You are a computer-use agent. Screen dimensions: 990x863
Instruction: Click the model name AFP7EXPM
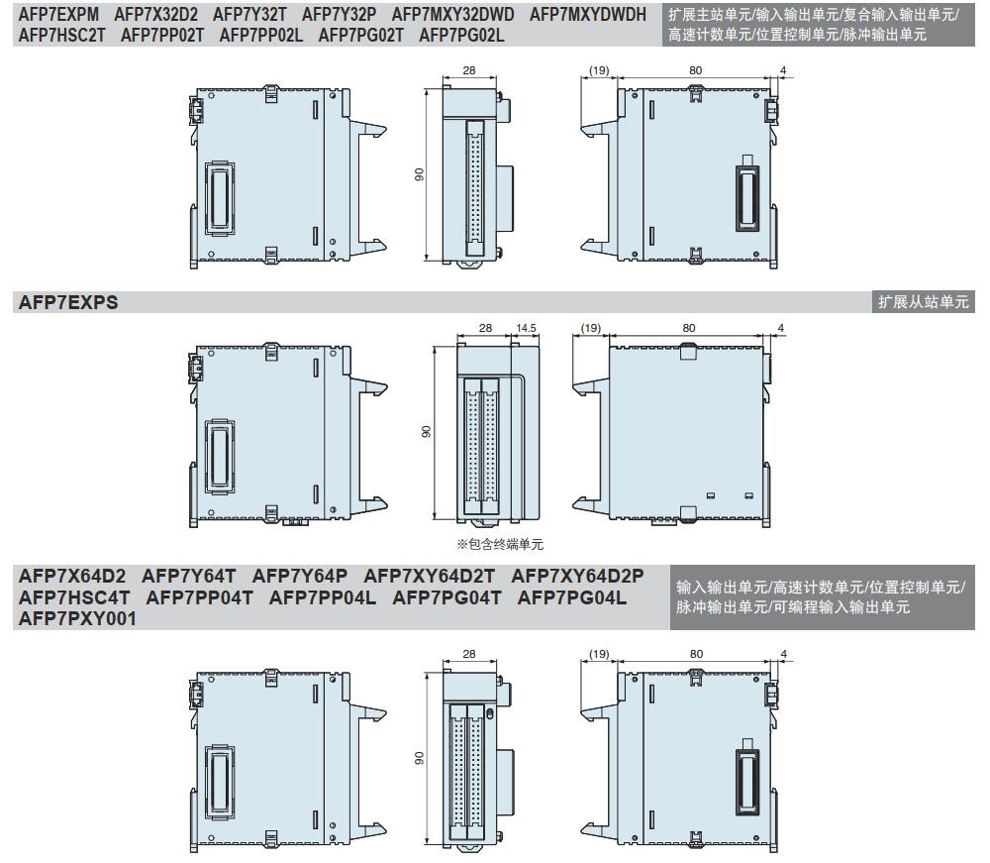[x=58, y=15]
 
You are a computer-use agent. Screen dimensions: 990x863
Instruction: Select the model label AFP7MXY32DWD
[x=452, y=15]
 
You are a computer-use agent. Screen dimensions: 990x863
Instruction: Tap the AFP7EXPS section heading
[x=68, y=302]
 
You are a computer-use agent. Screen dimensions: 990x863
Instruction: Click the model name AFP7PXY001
[x=77, y=619]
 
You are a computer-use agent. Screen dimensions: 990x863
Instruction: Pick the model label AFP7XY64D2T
[x=430, y=577]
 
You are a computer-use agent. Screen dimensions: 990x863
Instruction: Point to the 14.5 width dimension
[x=526, y=328]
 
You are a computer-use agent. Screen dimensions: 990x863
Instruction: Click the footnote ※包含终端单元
[x=500, y=544]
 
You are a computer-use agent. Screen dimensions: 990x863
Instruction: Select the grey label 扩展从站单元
[x=923, y=302]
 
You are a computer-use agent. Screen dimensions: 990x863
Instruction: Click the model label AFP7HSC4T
[x=74, y=597]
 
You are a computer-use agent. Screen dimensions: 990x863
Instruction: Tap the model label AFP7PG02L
[x=461, y=36]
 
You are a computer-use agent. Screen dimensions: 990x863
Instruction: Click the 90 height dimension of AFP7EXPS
[x=427, y=432]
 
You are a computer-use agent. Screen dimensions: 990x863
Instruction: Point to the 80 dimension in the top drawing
[x=695, y=70]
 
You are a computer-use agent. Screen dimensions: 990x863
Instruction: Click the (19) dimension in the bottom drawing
[x=599, y=654]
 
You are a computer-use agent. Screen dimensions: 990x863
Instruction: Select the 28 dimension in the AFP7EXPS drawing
[x=485, y=328]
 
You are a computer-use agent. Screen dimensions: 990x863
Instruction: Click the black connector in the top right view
[x=748, y=195]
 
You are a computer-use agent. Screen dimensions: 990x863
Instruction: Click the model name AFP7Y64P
[x=300, y=577]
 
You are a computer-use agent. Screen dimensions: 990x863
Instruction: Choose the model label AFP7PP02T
[x=162, y=36]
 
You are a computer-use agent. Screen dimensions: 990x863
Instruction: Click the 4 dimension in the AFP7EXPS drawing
[x=781, y=328]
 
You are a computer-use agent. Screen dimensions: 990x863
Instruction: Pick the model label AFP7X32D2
[x=156, y=15]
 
